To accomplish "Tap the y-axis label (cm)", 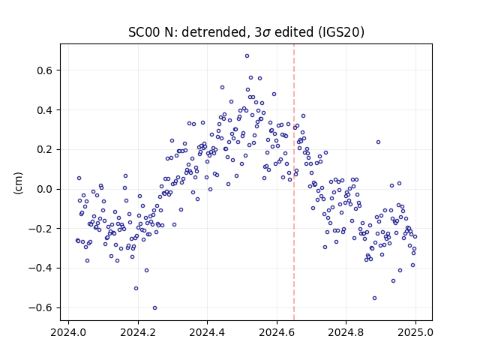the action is pyautogui.click(x=18, y=183).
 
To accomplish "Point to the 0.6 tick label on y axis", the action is pyautogui.click(x=45, y=70).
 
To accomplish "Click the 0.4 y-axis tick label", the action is pyautogui.click(x=45, y=110).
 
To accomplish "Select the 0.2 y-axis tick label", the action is pyautogui.click(x=45, y=150).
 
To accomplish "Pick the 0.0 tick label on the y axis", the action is pyautogui.click(x=45, y=189).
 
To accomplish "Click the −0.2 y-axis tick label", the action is pyautogui.click(x=40, y=229).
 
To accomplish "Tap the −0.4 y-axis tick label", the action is pyautogui.click(x=40, y=268).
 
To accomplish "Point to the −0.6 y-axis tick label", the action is pyautogui.click(x=40, y=307).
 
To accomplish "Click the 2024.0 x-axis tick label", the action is pyautogui.click(x=68, y=332).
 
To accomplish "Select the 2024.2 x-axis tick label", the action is pyautogui.click(x=138, y=332).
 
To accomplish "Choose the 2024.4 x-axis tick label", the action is pyautogui.click(x=207, y=332).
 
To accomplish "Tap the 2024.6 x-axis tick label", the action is pyautogui.click(x=277, y=332).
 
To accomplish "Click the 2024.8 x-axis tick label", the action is pyautogui.click(x=346, y=332).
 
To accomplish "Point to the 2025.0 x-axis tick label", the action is pyautogui.click(x=415, y=332).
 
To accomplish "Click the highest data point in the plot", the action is pyautogui.click(x=247, y=56).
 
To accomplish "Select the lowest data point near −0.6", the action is pyautogui.click(x=155, y=308).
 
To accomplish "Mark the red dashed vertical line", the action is pyautogui.click(x=294, y=182).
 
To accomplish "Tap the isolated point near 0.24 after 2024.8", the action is pyautogui.click(x=378, y=142).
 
